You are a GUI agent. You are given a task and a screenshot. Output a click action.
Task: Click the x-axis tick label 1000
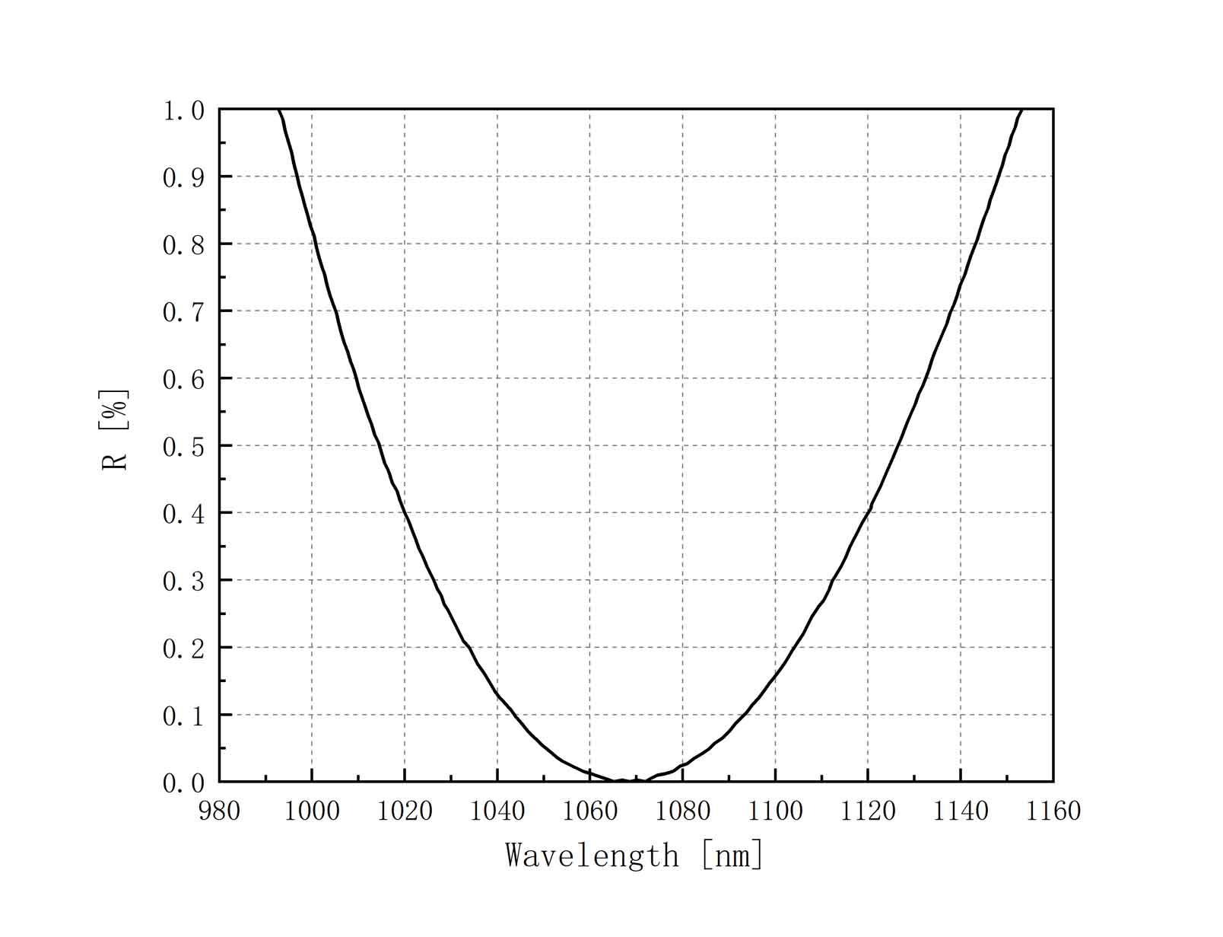point(312,811)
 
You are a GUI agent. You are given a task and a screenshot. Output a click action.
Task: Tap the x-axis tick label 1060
point(589,811)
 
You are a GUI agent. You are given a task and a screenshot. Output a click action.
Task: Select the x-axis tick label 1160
point(1053,811)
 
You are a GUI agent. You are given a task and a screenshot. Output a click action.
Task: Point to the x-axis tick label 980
point(219,811)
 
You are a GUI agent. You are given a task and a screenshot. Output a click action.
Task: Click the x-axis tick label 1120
point(868,811)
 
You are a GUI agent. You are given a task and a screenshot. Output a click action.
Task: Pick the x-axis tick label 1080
point(682,811)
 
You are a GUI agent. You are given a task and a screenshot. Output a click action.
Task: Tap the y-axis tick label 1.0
point(183,111)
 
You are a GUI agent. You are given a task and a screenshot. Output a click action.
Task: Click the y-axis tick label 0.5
point(183,447)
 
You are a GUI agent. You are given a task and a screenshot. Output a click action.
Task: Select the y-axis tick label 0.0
point(183,783)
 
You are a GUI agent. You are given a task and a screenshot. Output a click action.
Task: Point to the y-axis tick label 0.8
point(183,245)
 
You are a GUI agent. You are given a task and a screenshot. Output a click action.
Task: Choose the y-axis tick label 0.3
point(183,582)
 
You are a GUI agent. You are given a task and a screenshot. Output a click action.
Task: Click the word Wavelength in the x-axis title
point(592,856)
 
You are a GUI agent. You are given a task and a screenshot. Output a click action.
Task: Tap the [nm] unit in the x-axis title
point(732,856)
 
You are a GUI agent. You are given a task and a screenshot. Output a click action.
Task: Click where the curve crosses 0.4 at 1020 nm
point(405,512)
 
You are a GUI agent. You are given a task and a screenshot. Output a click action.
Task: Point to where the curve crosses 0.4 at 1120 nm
point(868,512)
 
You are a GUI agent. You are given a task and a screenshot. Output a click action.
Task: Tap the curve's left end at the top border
point(279,110)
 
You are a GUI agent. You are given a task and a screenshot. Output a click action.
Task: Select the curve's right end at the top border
point(1022,110)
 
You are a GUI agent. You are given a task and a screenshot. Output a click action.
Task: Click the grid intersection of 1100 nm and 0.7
point(775,311)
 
